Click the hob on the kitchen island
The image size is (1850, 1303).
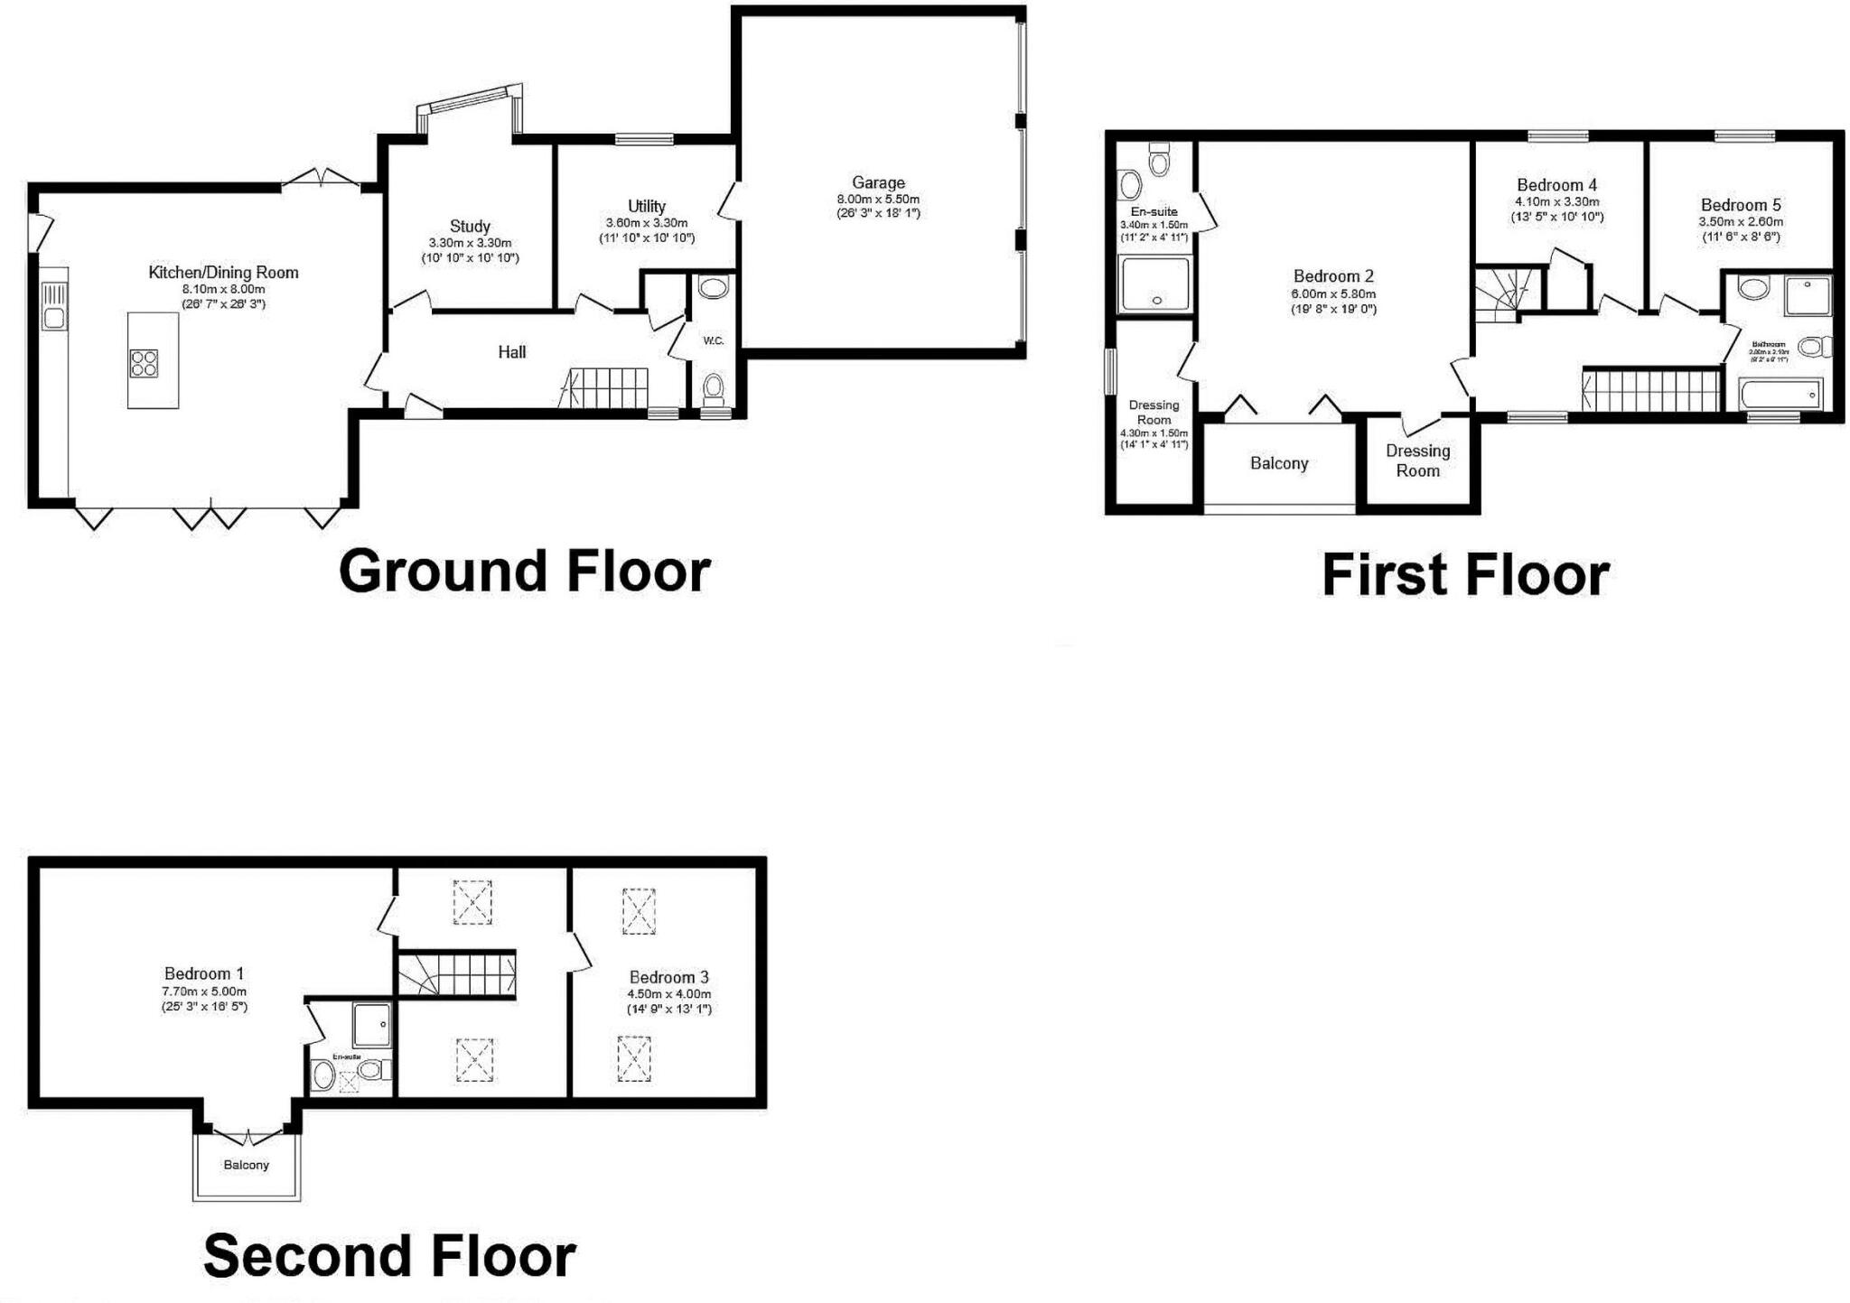(144, 363)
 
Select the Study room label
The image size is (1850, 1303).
(470, 227)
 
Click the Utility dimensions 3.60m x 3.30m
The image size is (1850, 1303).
(646, 223)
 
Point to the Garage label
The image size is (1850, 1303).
(877, 182)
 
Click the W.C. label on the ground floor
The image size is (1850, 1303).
(714, 340)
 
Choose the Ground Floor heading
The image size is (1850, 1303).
(524, 572)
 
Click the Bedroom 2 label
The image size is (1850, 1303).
(1332, 276)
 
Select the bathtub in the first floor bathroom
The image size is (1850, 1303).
(1780, 395)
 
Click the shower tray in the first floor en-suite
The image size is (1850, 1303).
(1154, 284)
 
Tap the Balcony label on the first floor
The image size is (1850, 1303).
(1278, 463)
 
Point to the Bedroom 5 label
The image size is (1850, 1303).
(1740, 205)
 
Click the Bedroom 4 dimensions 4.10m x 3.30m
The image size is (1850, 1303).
(1556, 201)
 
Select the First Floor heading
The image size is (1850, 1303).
(1464, 575)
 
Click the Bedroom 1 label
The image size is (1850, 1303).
(203, 973)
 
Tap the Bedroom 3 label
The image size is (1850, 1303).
(668, 977)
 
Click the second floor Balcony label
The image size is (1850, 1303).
(246, 1165)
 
